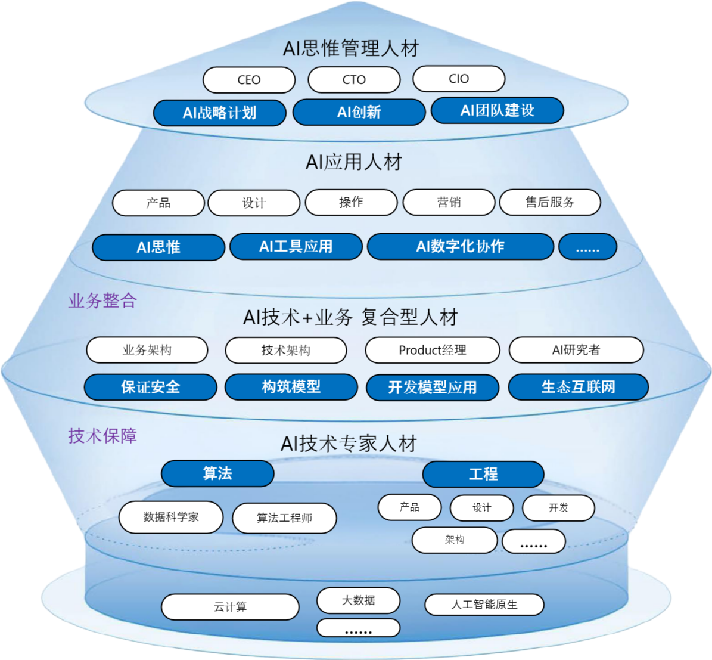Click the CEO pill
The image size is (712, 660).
(x=249, y=80)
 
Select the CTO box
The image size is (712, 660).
(x=354, y=80)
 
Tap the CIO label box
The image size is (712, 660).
(x=459, y=79)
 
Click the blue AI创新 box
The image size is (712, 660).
(x=359, y=112)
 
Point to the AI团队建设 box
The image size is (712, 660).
(x=497, y=111)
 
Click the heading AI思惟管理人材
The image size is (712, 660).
(x=352, y=48)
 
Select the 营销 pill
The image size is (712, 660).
(x=449, y=203)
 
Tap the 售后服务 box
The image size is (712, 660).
(x=550, y=203)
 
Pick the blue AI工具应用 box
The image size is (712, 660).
(x=296, y=247)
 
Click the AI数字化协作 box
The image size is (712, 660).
(x=460, y=247)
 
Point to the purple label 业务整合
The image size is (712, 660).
(x=102, y=300)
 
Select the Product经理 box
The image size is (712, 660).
(x=433, y=351)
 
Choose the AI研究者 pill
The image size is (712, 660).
(x=576, y=351)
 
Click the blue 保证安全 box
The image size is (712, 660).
(x=150, y=387)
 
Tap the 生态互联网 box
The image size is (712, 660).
(x=578, y=387)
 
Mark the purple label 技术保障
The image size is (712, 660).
(x=102, y=436)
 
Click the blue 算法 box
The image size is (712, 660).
(x=217, y=474)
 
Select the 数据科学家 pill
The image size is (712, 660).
(x=171, y=517)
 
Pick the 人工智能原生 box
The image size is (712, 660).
(x=484, y=605)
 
